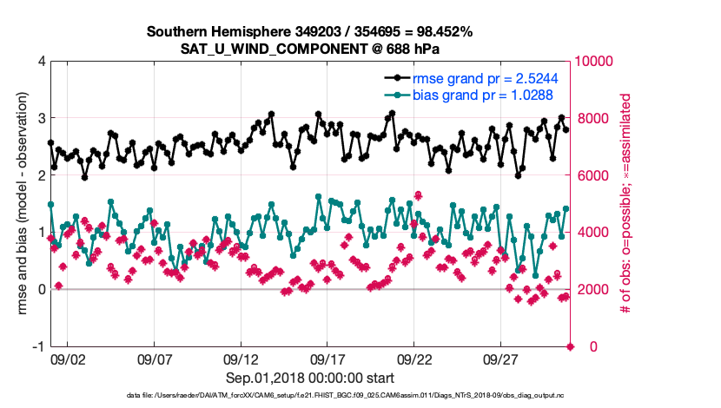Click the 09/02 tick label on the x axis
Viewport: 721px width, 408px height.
68,359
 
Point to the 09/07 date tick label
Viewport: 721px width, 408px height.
155,359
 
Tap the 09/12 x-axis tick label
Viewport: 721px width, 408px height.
241,359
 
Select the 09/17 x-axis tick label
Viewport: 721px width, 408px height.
328,359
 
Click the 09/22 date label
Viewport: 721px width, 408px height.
415,359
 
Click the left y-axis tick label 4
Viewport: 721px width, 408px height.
40,62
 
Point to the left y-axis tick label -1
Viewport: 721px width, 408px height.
37,346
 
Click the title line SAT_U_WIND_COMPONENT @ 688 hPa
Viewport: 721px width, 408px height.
309,48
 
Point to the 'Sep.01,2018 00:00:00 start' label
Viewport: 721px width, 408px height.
309,378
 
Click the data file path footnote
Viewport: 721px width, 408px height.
309,396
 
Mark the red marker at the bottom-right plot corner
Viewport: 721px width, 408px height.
571,346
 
